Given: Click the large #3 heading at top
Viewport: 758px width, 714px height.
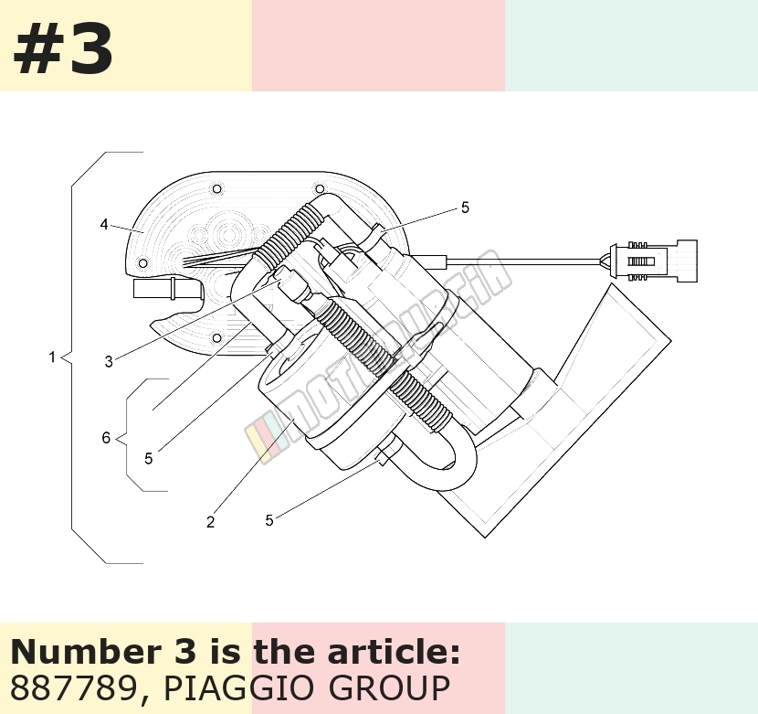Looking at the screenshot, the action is click(63, 49).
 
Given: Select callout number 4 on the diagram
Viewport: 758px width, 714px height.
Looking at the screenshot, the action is click(104, 225).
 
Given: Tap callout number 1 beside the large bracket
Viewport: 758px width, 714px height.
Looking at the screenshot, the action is click(52, 357).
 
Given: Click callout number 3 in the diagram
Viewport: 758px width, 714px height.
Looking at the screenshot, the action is click(109, 361).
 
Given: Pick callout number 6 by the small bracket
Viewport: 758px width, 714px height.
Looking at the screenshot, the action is click(106, 438).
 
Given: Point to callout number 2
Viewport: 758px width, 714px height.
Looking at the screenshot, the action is click(210, 522).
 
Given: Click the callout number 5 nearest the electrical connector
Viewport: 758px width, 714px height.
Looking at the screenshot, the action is click(465, 208).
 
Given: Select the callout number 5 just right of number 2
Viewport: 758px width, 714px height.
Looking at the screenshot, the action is click(269, 520).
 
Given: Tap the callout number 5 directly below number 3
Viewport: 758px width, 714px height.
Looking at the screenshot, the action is click(149, 458).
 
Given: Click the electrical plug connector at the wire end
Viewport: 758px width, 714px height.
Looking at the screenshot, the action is click(654, 261).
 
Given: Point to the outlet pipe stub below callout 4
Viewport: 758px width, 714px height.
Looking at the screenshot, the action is click(167, 289).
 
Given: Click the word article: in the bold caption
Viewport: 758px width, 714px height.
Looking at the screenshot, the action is click(394, 652).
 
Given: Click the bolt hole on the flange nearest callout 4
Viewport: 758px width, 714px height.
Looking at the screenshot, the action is click(143, 263).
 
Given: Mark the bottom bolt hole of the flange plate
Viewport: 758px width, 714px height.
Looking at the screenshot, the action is click(217, 337).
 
